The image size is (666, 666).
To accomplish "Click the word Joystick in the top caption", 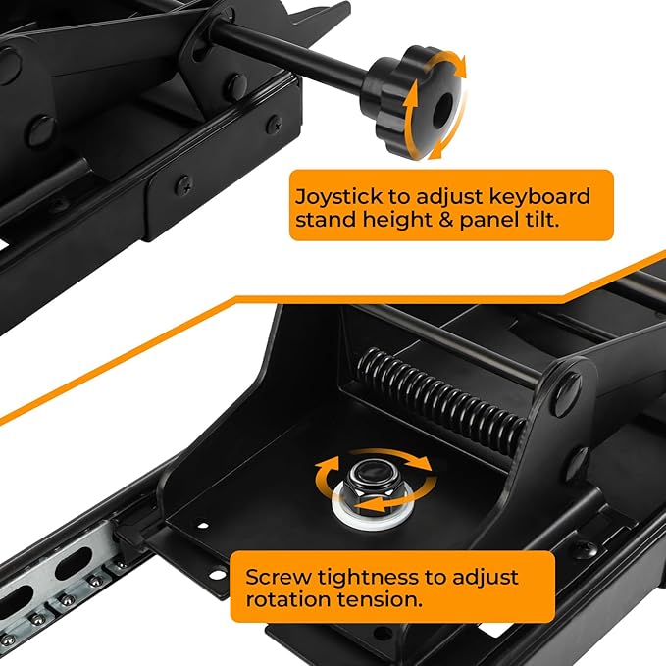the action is (x=333, y=197).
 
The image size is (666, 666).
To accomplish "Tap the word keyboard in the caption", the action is (x=539, y=196).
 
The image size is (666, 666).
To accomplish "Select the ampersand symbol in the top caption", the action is (x=444, y=220).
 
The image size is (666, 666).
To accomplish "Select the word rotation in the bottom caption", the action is (x=287, y=600).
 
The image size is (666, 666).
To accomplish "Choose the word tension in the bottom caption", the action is (x=380, y=600).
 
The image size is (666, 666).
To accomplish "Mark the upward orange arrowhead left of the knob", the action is (x=410, y=95).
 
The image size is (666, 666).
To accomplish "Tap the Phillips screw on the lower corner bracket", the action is (x=184, y=185).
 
